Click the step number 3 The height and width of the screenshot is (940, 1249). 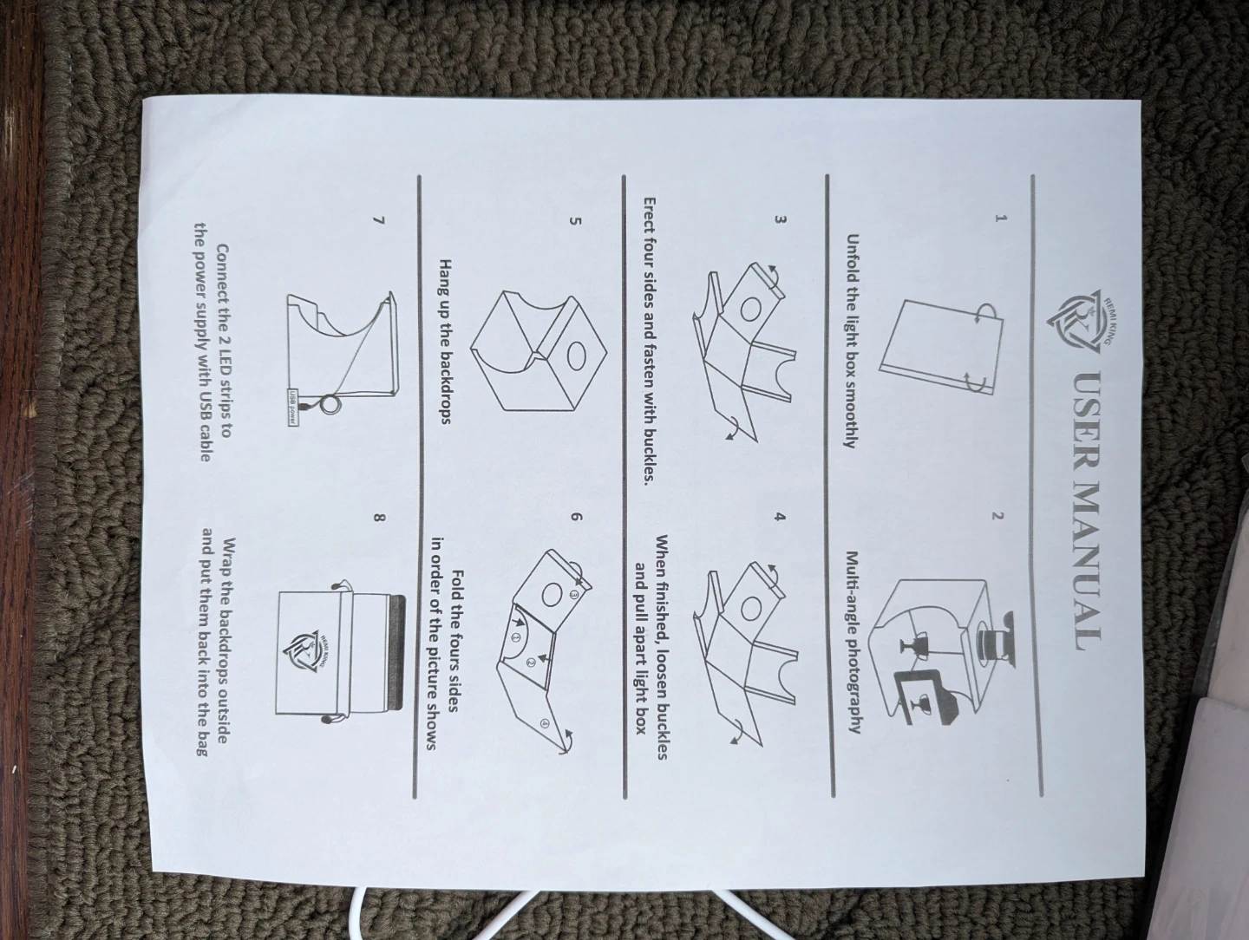[x=781, y=219]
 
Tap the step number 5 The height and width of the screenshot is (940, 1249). [x=576, y=219]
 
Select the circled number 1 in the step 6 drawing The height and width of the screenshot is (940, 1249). [x=517, y=636]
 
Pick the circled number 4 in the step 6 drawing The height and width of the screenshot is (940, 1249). [x=545, y=724]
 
